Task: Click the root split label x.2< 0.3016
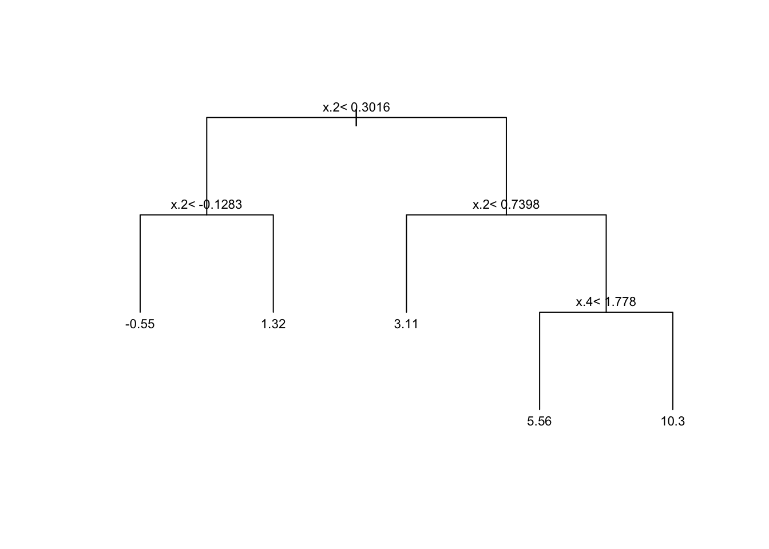(x=356, y=108)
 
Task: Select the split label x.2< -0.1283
(x=206, y=205)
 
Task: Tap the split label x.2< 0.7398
(x=506, y=205)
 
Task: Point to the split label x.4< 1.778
(x=605, y=302)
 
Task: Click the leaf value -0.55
(x=140, y=324)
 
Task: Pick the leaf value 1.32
(x=273, y=324)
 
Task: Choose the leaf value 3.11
(x=406, y=324)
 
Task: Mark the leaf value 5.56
(x=539, y=421)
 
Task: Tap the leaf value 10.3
(x=672, y=421)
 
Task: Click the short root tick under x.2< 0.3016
(x=356, y=121)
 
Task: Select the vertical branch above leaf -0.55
(x=140, y=263)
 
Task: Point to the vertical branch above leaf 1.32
(x=273, y=263)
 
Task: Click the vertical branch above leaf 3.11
(x=406, y=263)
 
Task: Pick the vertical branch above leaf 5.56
(x=540, y=360)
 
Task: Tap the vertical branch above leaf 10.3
(x=673, y=360)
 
